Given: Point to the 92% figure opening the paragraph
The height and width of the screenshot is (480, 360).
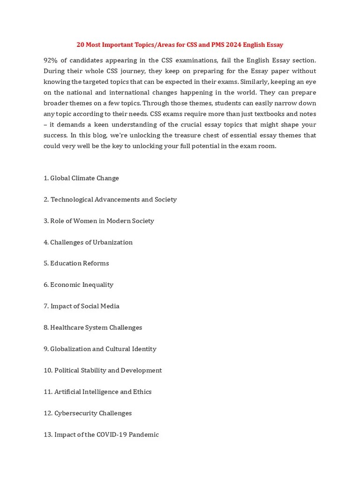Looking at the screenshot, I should [51, 60].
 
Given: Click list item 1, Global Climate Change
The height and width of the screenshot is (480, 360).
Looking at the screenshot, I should [81, 178].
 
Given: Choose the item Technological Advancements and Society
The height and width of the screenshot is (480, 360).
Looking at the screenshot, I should [110, 200].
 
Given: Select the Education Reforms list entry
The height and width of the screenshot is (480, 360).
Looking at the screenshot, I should [76, 263].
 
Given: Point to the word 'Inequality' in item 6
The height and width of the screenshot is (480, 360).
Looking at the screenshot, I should [97, 285].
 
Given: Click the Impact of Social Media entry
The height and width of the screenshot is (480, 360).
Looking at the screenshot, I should [82, 306].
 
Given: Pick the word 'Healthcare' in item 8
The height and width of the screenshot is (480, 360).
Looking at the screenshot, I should [67, 328].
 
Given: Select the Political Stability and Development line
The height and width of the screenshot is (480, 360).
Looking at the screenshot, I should [103, 370].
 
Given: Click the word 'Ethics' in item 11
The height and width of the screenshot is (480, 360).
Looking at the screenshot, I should [142, 392].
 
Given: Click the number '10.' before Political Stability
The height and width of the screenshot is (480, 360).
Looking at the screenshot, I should [48, 370].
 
